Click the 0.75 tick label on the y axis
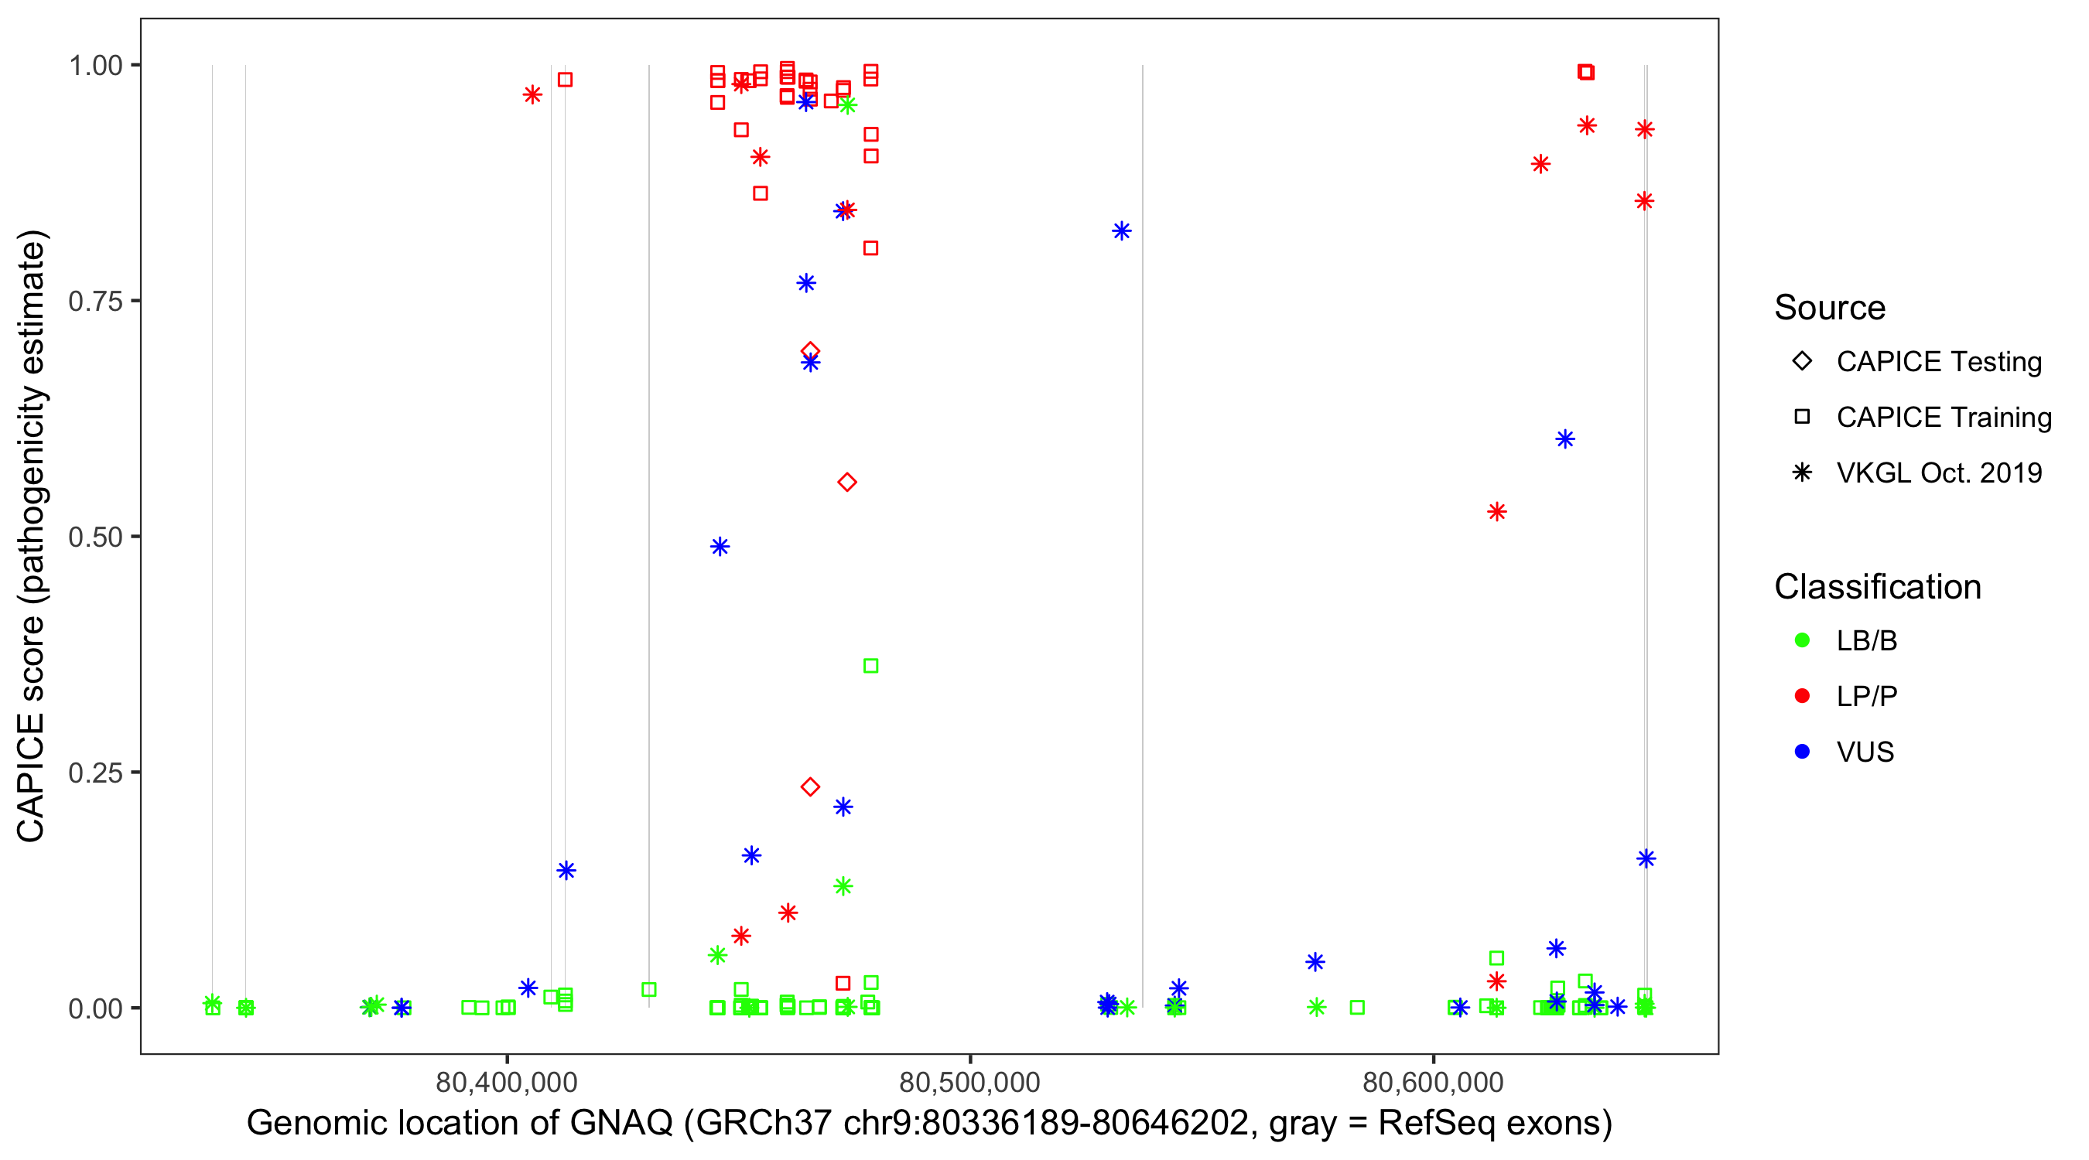click(94, 302)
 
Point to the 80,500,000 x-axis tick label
click(969, 1082)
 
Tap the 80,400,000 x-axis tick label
click(506, 1082)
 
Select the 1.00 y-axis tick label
click(94, 66)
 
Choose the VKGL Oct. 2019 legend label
click(1939, 473)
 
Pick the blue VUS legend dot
click(1802, 752)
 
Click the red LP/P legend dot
click(1802, 696)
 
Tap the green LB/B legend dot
click(1802, 640)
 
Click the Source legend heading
click(1830, 308)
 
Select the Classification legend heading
click(1877, 587)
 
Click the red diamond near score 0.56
click(846, 483)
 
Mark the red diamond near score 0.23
click(809, 787)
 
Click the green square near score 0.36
click(870, 667)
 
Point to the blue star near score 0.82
click(1122, 231)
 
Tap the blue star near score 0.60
click(1565, 439)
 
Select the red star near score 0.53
click(1497, 511)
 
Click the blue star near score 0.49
click(720, 548)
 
